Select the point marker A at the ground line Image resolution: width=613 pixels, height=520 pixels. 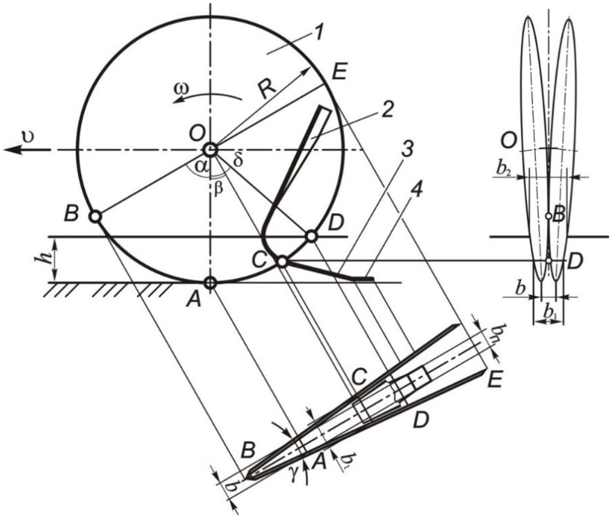point(210,283)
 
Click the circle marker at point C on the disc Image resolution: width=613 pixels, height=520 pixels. point(282,261)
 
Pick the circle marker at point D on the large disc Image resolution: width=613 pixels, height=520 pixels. point(312,236)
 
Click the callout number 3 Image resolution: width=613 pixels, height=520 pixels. point(406,151)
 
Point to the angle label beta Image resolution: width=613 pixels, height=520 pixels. point(218,188)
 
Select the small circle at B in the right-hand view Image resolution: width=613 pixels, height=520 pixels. point(548,216)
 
